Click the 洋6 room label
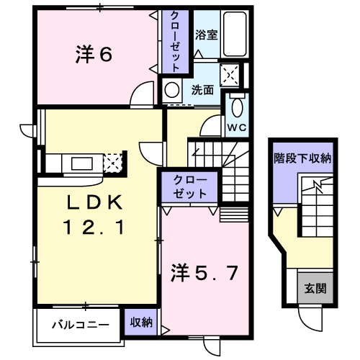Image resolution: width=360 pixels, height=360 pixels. pos(94,55)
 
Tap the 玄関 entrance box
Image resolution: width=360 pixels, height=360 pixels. pos(315,289)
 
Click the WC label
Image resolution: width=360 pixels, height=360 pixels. pos(237,127)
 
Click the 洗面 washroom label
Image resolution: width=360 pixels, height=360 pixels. pos(202,90)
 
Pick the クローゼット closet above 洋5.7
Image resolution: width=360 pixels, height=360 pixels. pos(190,187)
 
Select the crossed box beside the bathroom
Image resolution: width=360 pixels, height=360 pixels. pos(230,73)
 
